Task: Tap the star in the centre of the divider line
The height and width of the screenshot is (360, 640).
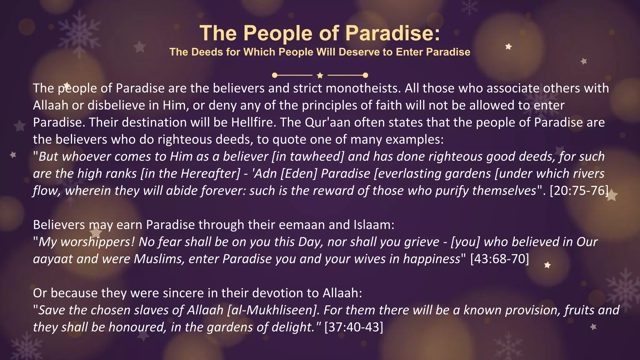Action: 320,75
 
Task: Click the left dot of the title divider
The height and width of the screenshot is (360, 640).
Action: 275,75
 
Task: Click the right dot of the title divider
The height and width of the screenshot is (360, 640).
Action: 365,75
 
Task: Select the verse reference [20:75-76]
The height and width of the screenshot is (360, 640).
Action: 579,191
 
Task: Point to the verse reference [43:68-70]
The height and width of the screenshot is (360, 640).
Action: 499,259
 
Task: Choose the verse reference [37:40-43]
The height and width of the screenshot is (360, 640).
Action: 353,327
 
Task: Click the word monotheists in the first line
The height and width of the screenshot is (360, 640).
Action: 363,88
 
